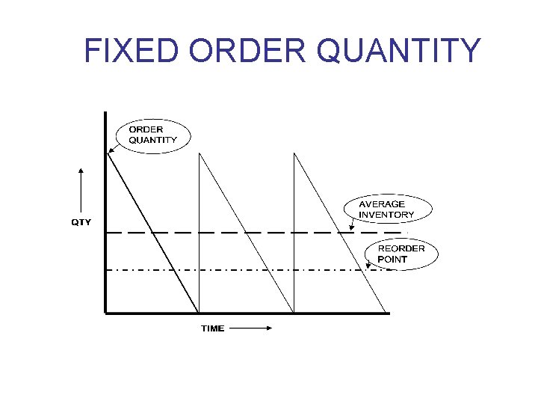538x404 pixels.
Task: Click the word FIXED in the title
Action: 132,50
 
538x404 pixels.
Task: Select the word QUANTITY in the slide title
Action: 399,50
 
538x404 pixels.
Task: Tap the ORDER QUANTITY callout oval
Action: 153,135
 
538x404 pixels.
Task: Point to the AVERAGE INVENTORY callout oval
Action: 386,209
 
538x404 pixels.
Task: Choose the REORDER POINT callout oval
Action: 401,254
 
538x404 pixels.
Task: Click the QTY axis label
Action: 81,222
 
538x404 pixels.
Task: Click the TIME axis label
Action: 212,328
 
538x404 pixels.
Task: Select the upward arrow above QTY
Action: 81,191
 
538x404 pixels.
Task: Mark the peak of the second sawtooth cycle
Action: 199,154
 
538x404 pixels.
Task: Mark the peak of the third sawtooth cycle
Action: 294,154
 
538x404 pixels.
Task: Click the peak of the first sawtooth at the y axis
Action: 108,153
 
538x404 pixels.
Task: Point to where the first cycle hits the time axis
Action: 199,312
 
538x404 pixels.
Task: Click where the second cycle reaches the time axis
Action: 294,312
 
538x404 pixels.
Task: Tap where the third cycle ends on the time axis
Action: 387,312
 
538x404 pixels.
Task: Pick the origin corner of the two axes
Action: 106,313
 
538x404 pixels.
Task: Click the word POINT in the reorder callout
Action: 392,260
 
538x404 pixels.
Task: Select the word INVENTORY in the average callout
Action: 386,215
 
